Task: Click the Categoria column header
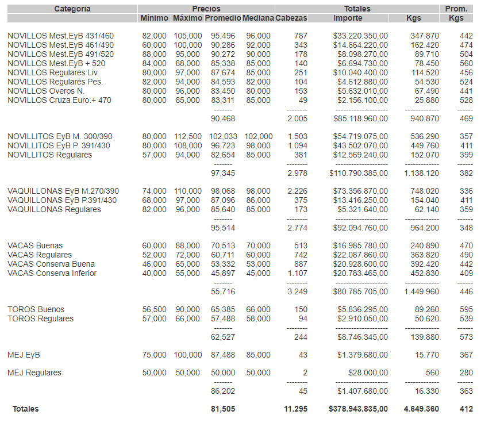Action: point(72,9)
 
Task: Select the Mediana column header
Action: point(258,18)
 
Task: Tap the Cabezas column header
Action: point(291,18)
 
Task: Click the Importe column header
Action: point(348,18)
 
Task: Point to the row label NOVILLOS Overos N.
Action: point(46,91)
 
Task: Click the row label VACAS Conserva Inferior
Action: point(52,273)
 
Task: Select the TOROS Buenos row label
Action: point(36,309)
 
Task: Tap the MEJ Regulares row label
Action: point(34,373)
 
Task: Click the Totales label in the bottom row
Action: point(26,409)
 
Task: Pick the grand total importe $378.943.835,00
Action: point(358,409)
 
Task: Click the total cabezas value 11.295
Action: point(295,409)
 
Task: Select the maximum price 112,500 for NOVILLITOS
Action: point(187,137)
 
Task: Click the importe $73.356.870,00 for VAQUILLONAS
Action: point(360,191)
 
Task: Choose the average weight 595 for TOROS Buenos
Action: point(466,309)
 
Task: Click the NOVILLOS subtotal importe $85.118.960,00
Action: point(360,119)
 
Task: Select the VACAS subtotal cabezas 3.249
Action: point(297,292)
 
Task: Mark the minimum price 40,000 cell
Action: point(155,273)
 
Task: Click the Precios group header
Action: point(206,9)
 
